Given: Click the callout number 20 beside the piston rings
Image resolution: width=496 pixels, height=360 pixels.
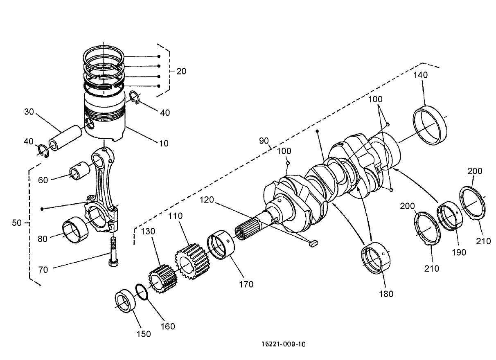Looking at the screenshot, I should (181, 71).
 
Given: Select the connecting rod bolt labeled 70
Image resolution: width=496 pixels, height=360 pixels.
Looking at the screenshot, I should (113, 252).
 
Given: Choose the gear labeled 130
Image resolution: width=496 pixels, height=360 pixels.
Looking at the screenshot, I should (162, 278).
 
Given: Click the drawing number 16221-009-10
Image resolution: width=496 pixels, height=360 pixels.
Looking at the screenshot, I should (283, 344).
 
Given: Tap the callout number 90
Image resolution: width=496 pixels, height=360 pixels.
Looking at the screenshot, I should (264, 141).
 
